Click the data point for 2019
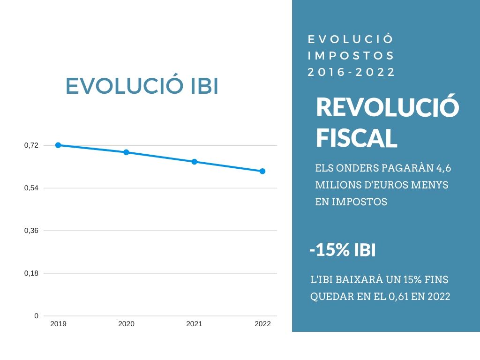click(x=58, y=145)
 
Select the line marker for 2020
click(x=126, y=152)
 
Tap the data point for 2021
click(x=194, y=162)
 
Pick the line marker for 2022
click(x=262, y=171)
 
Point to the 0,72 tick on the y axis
click(x=31, y=145)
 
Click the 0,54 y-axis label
click(x=31, y=188)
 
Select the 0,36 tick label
click(x=31, y=231)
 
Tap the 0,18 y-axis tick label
click(x=31, y=273)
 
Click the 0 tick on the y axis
click(x=36, y=316)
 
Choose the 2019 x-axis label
click(x=58, y=324)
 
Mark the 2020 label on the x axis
click(x=126, y=324)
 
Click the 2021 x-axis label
click(x=194, y=324)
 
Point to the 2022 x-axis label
click(x=262, y=324)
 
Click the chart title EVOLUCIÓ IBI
click(x=142, y=87)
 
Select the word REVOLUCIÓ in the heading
click(x=387, y=107)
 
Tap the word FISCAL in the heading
click(x=356, y=138)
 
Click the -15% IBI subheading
click(x=342, y=250)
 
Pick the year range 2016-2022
click(x=352, y=73)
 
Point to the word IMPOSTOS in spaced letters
click(x=352, y=56)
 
